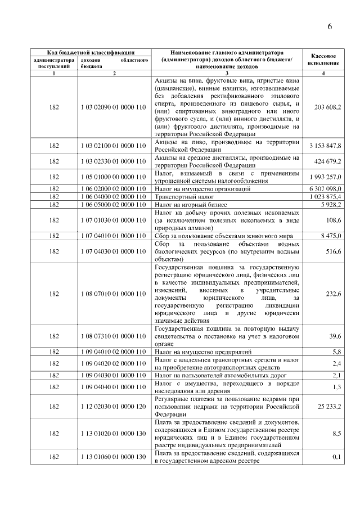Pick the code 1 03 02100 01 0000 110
click(x=114, y=146)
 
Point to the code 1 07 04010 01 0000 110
click(x=114, y=236)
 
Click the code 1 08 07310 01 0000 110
click(x=114, y=336)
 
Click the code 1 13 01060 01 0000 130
click(x=114, y=457)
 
